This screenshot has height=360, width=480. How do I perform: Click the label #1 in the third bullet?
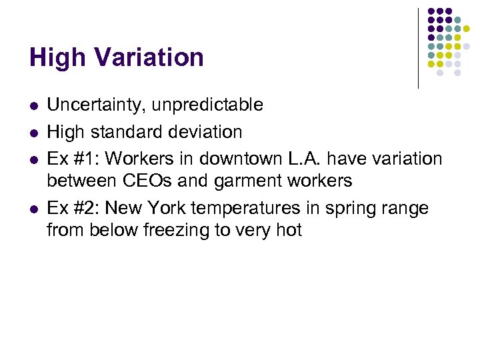point(85,159)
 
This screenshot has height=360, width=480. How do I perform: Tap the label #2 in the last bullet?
point(85,208)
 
